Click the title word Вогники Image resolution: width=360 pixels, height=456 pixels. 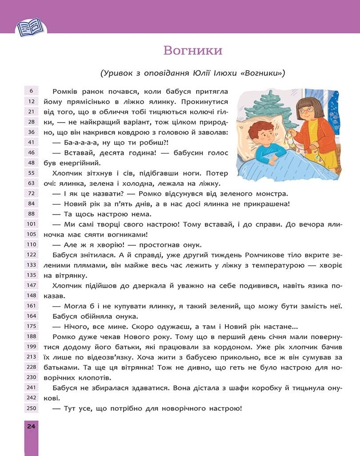(x=192, y=50)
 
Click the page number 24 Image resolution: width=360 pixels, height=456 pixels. (x=31, y=426)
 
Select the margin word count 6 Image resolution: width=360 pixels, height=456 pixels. (x=31, y=91)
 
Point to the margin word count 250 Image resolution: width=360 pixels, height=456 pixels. (x=31, y=408)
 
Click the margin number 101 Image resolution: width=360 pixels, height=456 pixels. (x=31, y=224)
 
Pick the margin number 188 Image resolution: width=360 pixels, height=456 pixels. (x=31, y=336)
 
